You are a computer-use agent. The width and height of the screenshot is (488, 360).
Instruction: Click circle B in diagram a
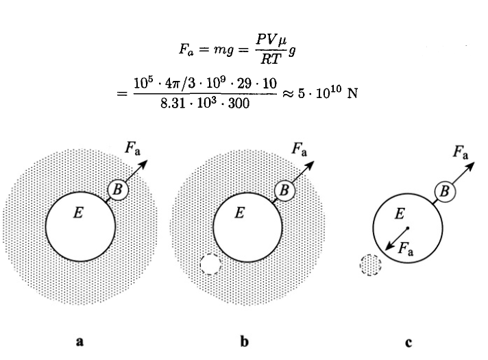point(118,189)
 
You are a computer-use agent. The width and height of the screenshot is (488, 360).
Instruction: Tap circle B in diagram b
point(284,189)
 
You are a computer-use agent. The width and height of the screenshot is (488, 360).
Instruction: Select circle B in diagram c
point(443,191)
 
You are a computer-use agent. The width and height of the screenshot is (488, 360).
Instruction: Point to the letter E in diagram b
point(239,213)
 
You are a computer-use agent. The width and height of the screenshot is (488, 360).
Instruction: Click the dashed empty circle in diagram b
point(210,265)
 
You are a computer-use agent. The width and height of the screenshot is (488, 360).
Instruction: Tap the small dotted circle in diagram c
point(370,265)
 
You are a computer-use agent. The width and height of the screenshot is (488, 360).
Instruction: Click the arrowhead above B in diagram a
point(143,165)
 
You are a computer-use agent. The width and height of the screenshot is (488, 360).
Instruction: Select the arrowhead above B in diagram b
point(309,165)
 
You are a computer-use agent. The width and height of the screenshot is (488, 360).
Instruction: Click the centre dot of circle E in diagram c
point(407,228)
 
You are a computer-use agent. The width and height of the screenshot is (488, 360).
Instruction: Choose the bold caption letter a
point(80,341)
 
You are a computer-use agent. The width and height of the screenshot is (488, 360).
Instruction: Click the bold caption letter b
point(244,341)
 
